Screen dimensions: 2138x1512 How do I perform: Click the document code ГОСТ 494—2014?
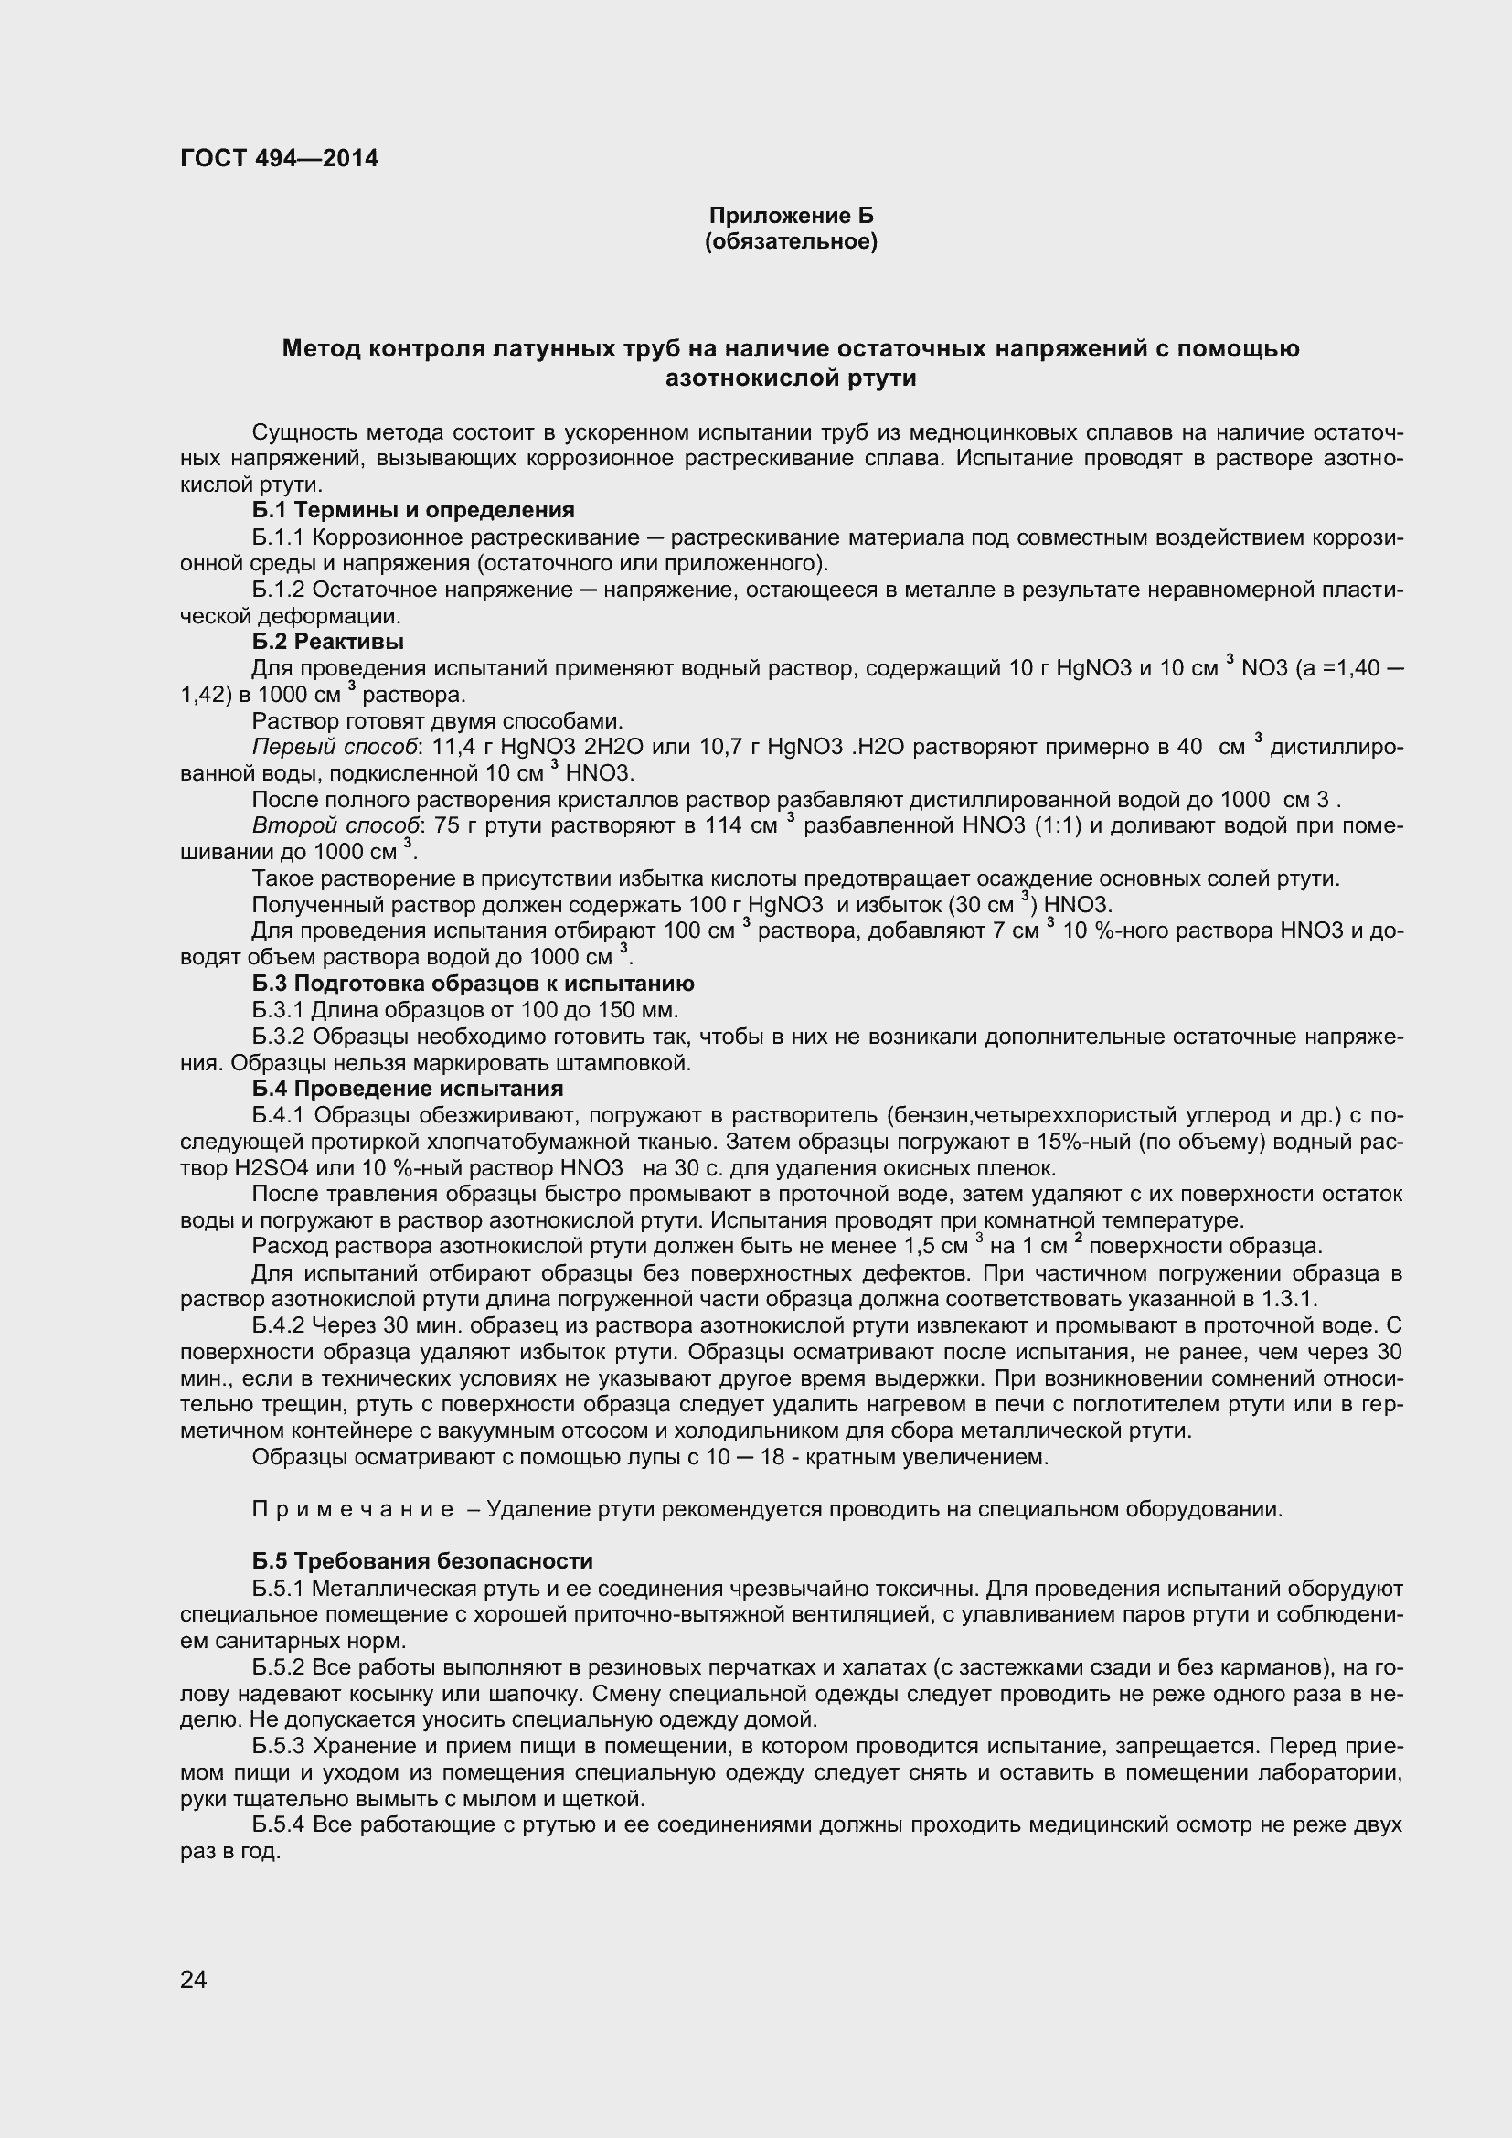pyautogui.click(x=280, y=158)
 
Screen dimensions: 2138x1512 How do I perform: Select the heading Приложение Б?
pyautogui.click(x=792, y=216)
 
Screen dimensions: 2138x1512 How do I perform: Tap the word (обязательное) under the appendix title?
pyautogui.click(x=792, y=242)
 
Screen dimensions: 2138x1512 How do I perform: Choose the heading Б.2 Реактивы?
pyautogui.click(x=328, y=642)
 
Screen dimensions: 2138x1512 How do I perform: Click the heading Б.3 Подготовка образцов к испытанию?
pyautogui.click(x=473, y=984)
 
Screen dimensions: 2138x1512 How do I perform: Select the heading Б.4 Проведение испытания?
pyautogui.click(x=408, y=1089)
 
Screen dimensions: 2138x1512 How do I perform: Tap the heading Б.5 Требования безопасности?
pyautogui.click(x=421, y=1560)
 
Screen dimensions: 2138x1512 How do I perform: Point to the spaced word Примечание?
pyautogui.click(x=353, y=1508)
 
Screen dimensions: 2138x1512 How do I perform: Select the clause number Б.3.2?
pyautogui.click(x=279, y=1037)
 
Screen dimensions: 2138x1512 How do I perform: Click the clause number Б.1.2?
pyautogui.click(x=279, y=590)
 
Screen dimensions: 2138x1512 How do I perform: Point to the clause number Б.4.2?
pyautogui.click(x=279, y=1325)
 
